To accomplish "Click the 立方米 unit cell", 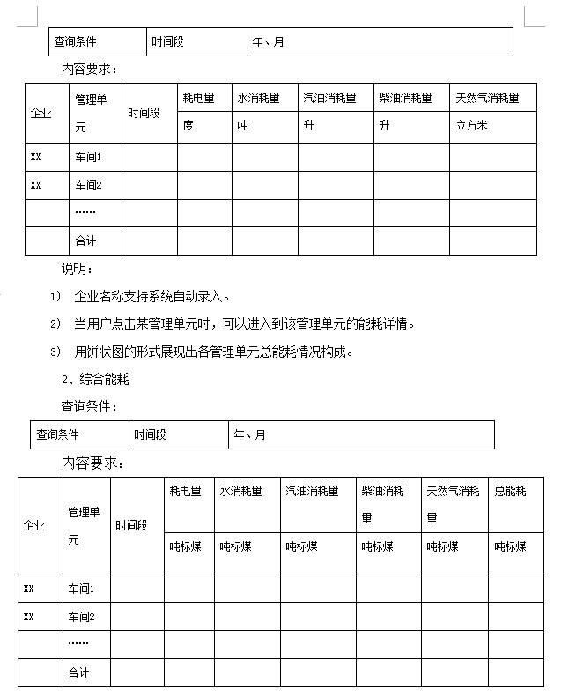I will [471, 126].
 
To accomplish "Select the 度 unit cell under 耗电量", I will [188, 126].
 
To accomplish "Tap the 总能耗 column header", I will [510, 492].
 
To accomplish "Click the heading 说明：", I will [77, 268].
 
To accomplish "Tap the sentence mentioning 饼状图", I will [214, 352].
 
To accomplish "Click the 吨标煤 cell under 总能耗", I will [510, 546].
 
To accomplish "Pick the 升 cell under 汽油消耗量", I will [308, 126].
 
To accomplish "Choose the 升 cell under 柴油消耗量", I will [384, 126].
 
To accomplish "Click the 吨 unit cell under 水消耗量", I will [242, 126].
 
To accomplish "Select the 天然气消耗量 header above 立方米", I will [487, 98].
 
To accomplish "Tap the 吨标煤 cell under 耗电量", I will [185, 546].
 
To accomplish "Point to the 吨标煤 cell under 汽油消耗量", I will [301, 546].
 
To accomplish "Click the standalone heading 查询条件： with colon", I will [89, 407].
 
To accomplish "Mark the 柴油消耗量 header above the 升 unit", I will [406, 98].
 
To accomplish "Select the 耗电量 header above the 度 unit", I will [196, 98].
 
